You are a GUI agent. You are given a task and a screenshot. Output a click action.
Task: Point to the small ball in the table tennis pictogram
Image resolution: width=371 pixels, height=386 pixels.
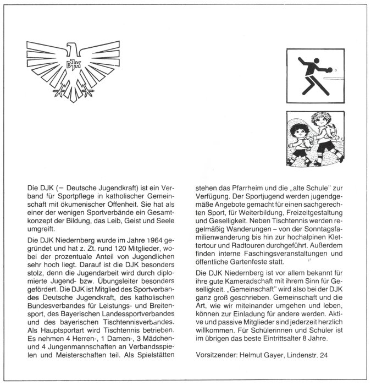coord(336,70)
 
